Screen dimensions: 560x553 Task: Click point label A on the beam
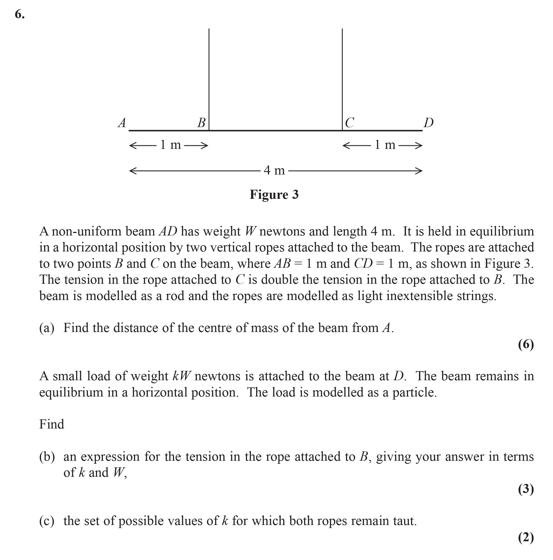click(122, 123)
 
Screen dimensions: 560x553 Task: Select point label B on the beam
click(201, 123)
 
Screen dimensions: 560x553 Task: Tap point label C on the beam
click(349, 123)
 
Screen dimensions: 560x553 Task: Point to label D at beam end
click(428, 123)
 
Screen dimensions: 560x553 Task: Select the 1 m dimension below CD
click(385, 145)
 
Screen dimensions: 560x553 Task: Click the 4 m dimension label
click(274, 170)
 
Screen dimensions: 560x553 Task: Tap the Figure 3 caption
click(274, 194)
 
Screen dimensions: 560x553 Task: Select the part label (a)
click(47, 328)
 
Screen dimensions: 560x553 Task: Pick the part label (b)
click(47, 457)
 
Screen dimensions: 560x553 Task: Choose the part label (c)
click(47, 521)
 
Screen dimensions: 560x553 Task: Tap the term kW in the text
click(181, 376)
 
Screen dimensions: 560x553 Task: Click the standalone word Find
click(52, 424)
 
